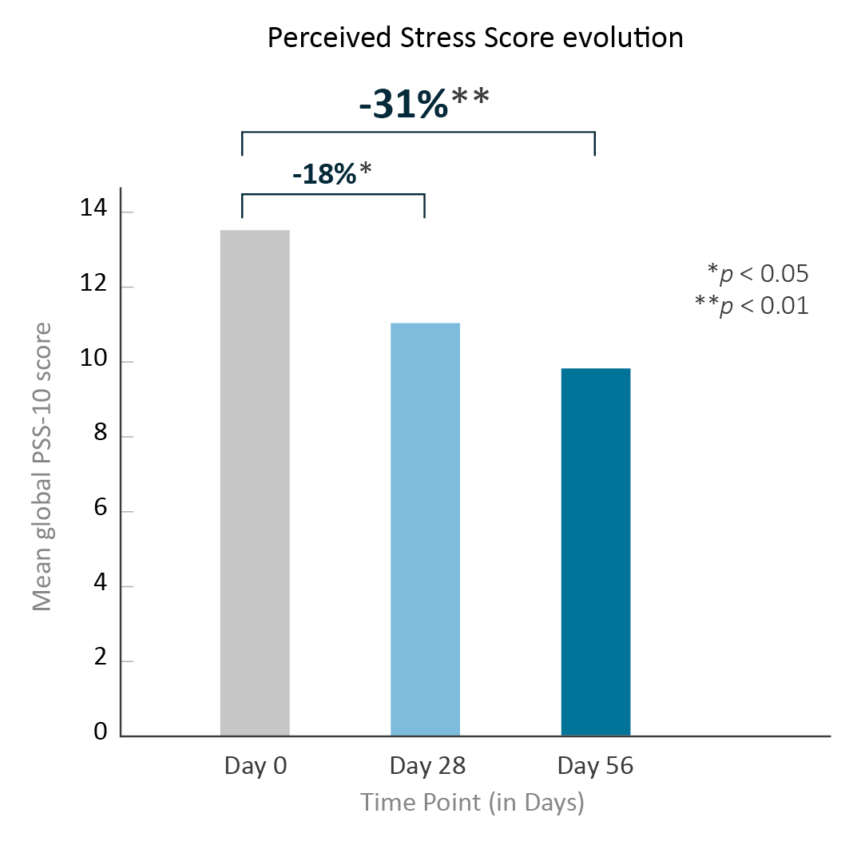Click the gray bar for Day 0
pos(255,482)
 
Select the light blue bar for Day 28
pos(425,529)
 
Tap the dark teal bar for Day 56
pos(596,551)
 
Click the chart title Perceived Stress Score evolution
pos(475,38)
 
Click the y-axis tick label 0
pos(100,732)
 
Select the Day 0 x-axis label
pos(255,767)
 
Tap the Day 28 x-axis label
pos(427,767)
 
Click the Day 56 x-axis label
pos(595,767)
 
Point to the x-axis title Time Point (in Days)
pos(472,803)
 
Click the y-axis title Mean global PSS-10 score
pos(42,466)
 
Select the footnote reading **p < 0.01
pos(752,306)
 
